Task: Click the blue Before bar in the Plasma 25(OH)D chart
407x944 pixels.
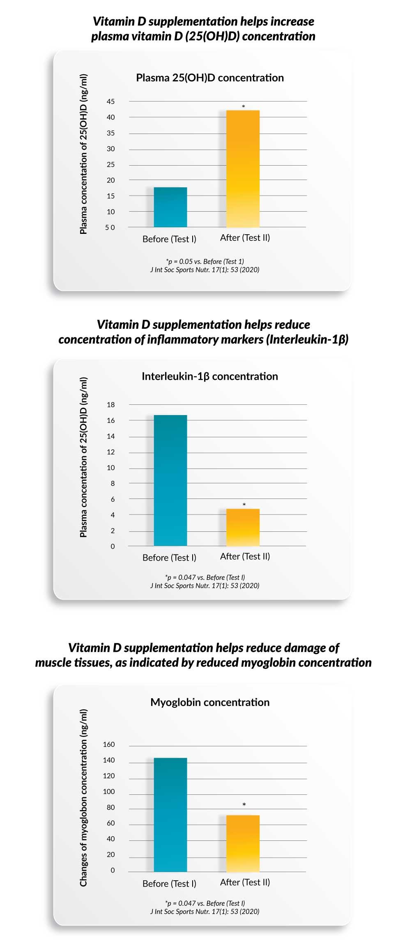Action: tap(170, 207)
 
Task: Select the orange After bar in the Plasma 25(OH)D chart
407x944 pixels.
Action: tap(243, 169)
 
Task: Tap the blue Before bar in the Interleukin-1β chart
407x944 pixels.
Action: tap(170, 480)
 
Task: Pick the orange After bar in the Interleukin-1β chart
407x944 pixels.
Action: tap(243, 528)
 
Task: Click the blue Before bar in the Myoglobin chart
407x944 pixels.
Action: tap(170, 815)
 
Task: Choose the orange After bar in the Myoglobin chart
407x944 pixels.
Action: tap(243, 843)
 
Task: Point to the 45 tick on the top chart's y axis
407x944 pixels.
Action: tap(111, 102)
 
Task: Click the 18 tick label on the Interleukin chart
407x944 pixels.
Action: tap(111, 405)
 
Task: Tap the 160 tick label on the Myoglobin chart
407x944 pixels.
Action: tap(109, 744)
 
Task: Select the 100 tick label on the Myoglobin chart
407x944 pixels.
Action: tap(109, 792)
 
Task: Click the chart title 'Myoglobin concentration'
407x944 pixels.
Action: tap(210, 702)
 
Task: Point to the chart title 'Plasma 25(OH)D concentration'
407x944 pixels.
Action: tap(210, 78)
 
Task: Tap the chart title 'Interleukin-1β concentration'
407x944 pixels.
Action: tap(210, 376)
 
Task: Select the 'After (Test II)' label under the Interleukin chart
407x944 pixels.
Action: tap(245, 556)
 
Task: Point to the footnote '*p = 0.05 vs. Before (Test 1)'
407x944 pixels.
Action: tap(205, 261)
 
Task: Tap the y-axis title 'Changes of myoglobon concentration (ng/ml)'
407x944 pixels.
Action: tap(83, 798)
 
